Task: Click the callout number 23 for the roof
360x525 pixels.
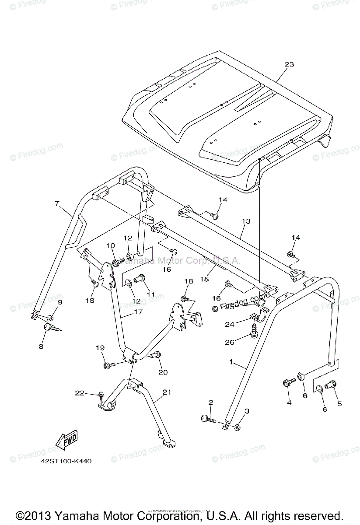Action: click(289, 64)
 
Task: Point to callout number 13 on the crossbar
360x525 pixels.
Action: click(246, 221)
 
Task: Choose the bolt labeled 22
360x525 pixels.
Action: click(101, 396)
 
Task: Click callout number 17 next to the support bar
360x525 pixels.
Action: click(126, 313)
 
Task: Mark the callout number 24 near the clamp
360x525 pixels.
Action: click(241, 324)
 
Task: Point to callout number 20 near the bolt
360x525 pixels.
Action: click(163, 372)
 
